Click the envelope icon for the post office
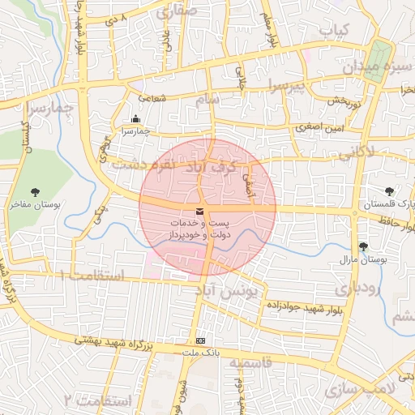[x=200, y=212]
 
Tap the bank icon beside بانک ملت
[x=200, y=341]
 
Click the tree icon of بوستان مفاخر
[x=34, y=192]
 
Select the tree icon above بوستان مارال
[x=362, y=246]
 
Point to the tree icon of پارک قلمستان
[x=391, y=191]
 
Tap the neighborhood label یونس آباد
[x=231, y=289]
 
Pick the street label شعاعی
[x=151, y=98]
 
